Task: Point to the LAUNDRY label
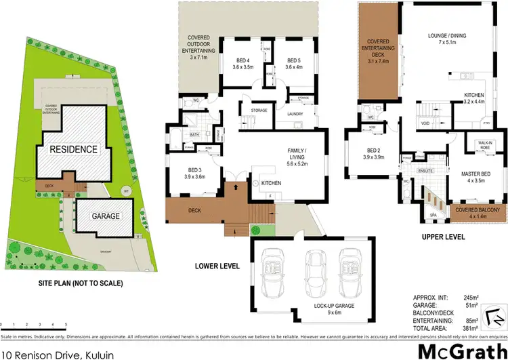click(294, 115)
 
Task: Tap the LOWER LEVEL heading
click(218, 266)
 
